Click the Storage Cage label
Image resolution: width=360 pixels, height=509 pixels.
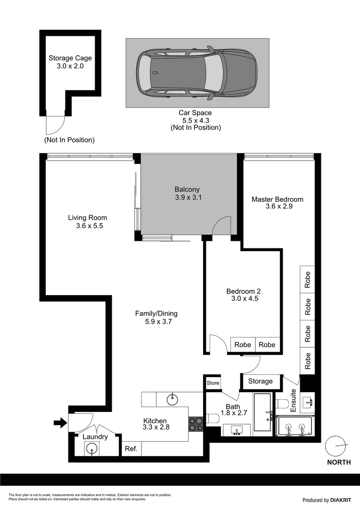(70, 62)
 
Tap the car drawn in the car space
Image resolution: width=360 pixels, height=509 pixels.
(196, 73)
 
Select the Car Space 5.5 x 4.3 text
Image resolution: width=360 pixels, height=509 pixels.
(195, 116)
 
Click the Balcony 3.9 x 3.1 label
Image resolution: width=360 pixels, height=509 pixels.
(188, 194)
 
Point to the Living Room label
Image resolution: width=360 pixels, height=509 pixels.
(88, 222)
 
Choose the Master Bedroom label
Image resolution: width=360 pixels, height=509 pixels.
(277, 203)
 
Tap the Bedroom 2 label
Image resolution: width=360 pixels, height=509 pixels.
(243, 295)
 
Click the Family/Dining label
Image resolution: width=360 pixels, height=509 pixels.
(156, 317)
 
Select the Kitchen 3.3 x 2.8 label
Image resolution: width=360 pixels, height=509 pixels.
(156, 424)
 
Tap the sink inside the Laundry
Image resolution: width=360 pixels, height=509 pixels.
(91, 449)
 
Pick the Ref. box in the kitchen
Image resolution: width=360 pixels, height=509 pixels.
(131, 449)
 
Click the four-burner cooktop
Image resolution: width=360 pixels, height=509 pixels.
(196, 424)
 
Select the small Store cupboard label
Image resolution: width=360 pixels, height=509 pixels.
(213, 383)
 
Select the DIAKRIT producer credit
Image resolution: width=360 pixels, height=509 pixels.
(327, 500)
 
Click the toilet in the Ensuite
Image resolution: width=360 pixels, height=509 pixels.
(283, 403)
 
